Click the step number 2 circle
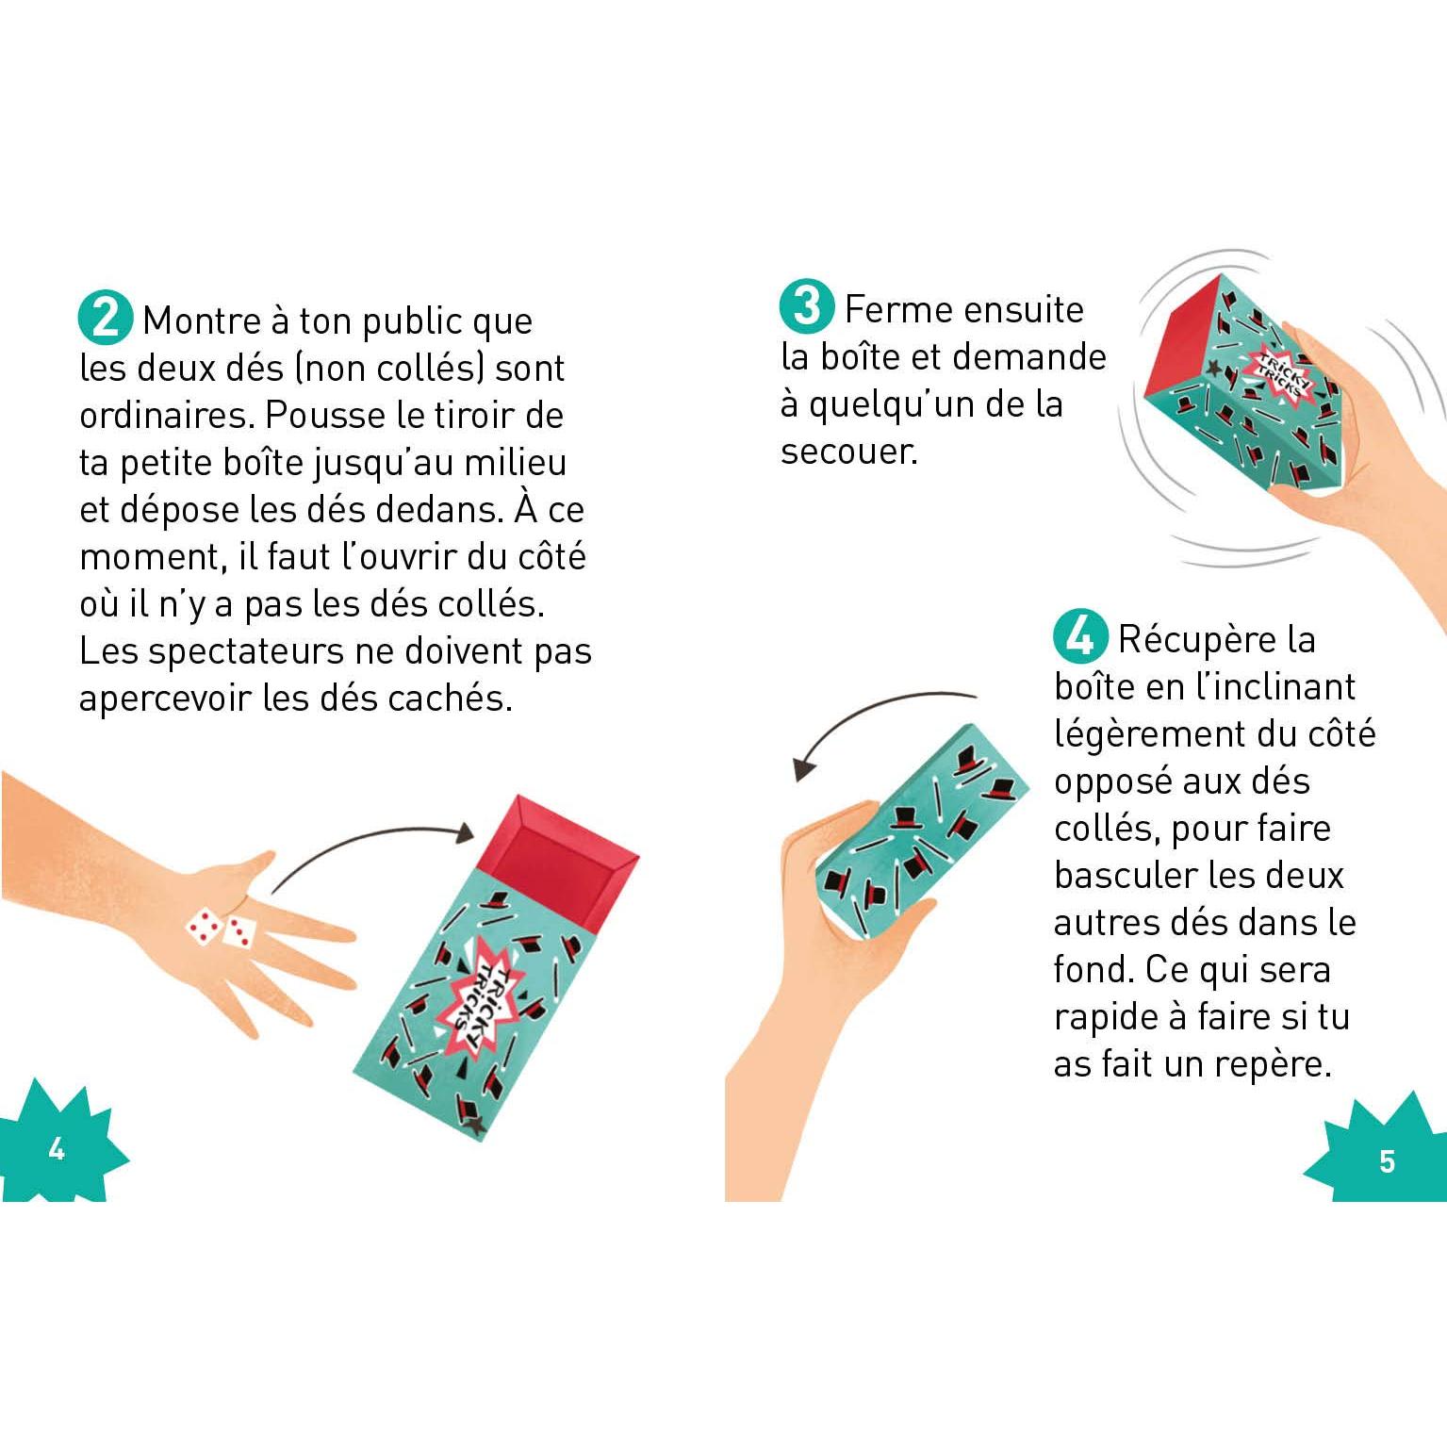tap(106, 318)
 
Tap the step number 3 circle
tap(807, 306)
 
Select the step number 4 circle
tap(1080, 636)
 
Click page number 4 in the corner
tap(57, 1149)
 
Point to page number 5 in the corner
tap(1387, 1160)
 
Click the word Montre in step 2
tap(202, 321)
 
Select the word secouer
tap(848, 452)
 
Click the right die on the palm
tap(239, 931)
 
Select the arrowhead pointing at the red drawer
tap(463, 832)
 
